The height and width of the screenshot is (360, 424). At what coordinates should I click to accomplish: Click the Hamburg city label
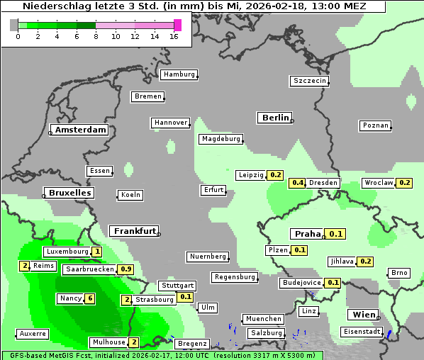[179, 74]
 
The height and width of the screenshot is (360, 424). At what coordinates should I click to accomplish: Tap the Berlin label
[275, 118]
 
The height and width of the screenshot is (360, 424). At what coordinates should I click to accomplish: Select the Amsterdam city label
[80, 130]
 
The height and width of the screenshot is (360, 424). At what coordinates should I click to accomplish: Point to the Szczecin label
[310, 81]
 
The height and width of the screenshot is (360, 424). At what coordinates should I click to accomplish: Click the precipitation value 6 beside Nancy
[90, 298]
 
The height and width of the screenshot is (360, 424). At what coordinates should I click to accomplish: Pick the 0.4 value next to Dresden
[298, 183]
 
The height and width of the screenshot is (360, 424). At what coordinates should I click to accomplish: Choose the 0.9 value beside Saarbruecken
[126, 269]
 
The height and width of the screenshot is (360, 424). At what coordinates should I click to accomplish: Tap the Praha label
[308, 234]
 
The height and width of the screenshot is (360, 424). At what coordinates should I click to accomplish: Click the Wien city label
[362, 315]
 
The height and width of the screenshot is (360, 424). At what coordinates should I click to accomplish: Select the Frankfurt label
[134, 231]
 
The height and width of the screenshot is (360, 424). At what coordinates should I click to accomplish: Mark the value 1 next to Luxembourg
[96, 252]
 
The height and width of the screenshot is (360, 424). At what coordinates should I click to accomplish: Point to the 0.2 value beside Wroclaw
[405, 183]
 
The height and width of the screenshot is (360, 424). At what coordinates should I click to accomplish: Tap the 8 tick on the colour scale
[96, 35]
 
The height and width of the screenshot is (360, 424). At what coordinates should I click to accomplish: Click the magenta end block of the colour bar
[177, 25]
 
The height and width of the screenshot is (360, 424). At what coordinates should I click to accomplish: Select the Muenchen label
[262, 319]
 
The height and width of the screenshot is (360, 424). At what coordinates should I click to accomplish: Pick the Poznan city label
[375, 125]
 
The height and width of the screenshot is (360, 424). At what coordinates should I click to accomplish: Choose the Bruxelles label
[69, 193]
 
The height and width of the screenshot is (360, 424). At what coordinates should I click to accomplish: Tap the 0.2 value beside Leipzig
[276, 175]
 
